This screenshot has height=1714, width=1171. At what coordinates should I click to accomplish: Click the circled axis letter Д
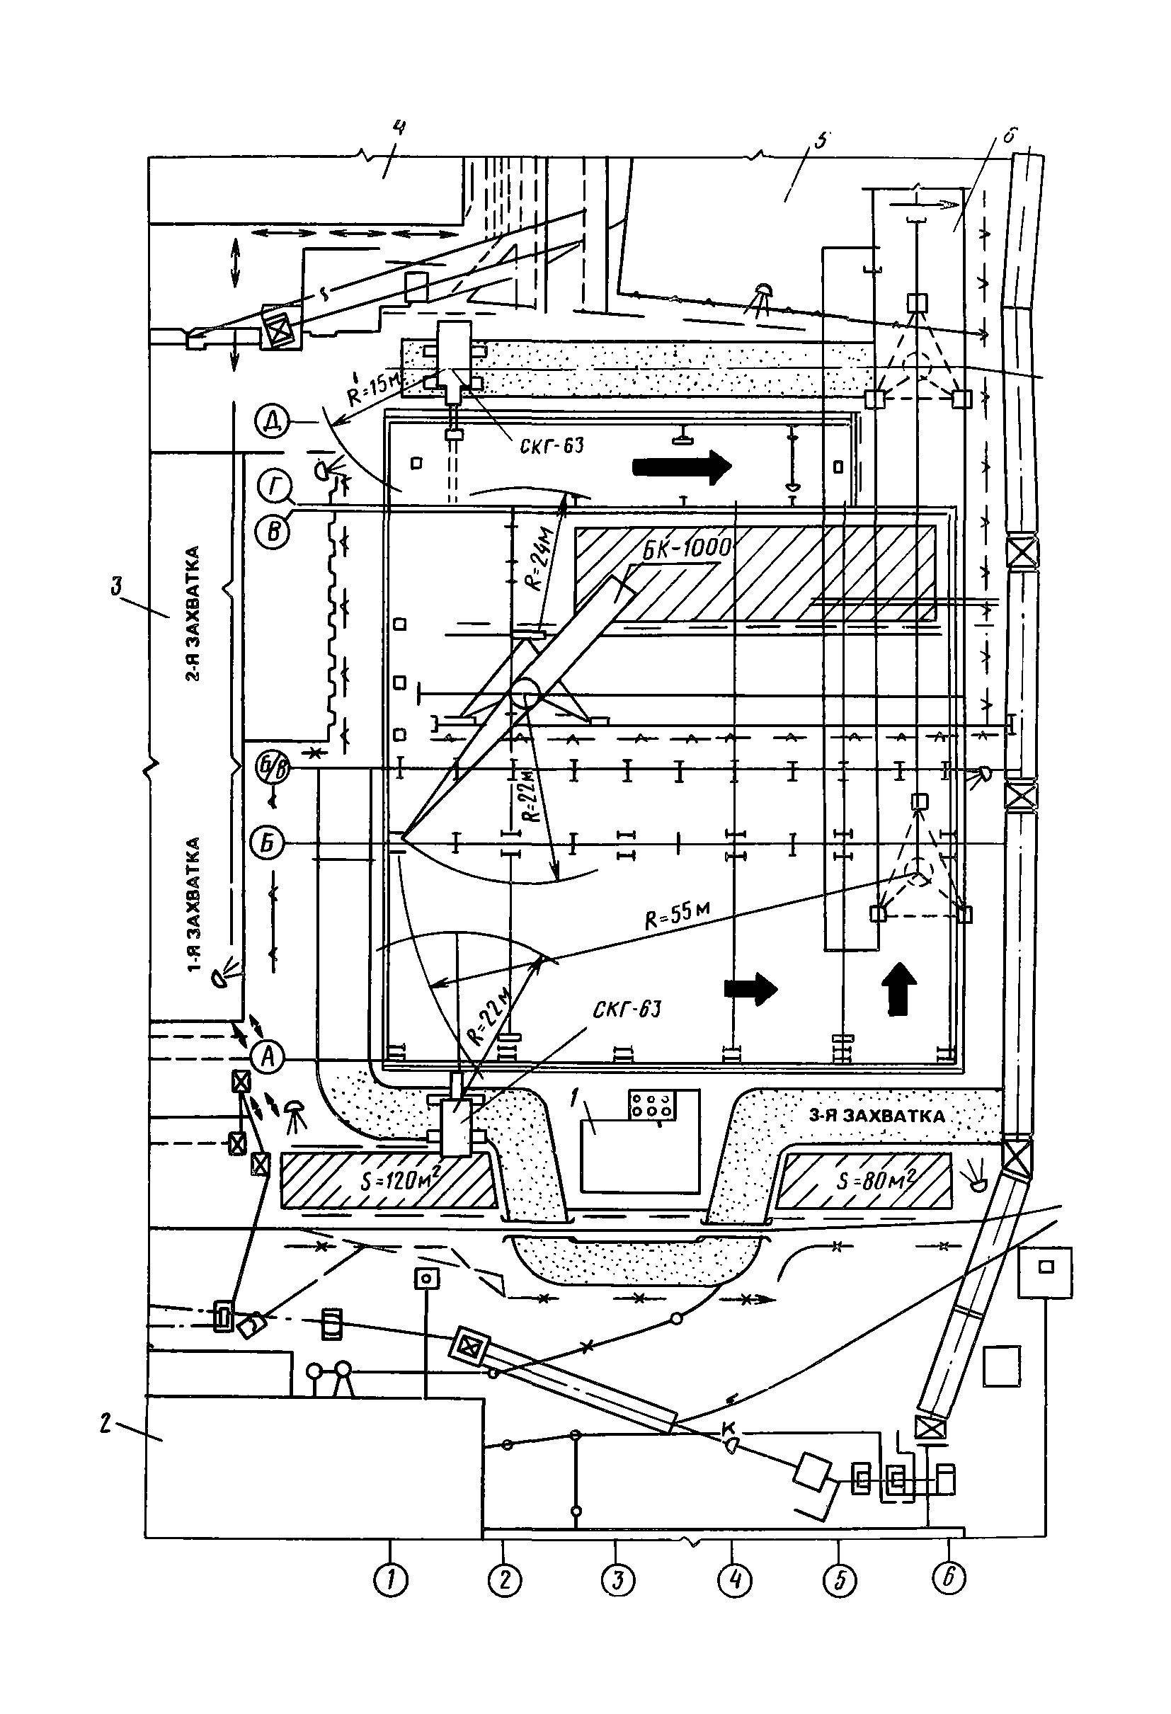click(271, 423)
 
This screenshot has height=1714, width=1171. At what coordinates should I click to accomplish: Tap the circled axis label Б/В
click(271, 768)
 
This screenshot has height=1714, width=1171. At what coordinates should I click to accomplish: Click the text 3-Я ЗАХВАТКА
click(876, 1116)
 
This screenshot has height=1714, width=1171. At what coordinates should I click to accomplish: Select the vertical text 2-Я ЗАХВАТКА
click(193, 613)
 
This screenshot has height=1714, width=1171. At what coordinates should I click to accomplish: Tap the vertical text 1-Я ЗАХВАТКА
click(195, 905)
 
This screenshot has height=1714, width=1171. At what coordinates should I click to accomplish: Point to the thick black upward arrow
click(899, 989)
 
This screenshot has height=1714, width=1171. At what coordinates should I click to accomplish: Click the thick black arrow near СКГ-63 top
click(682, 467)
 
